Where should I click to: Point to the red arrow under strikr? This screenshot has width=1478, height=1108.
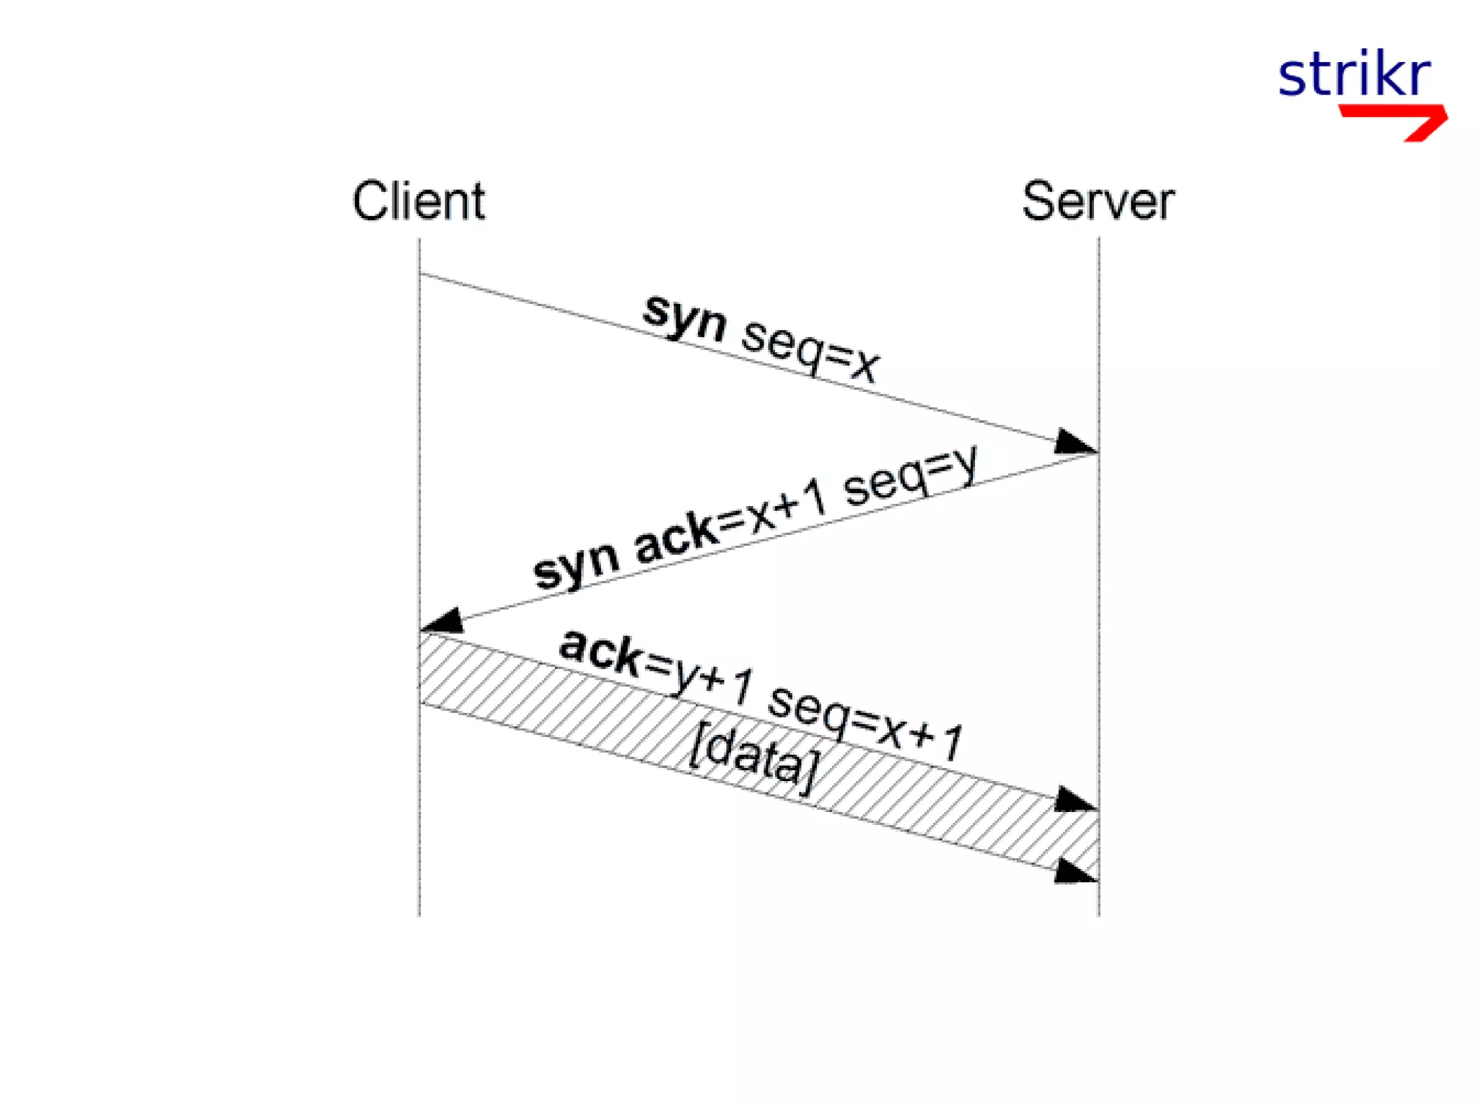pyautogui.click(x=1400, y=120)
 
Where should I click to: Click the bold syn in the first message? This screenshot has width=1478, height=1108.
pyautogui.click(x=684, y=318)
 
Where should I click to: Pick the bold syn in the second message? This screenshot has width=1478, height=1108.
pyautogui.click(x=575, y=566)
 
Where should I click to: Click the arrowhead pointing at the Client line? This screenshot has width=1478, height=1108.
pyautogui.click(x=443, y=621)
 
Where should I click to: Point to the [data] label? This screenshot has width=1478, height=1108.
pyautogui.click(x=754, y=759)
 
